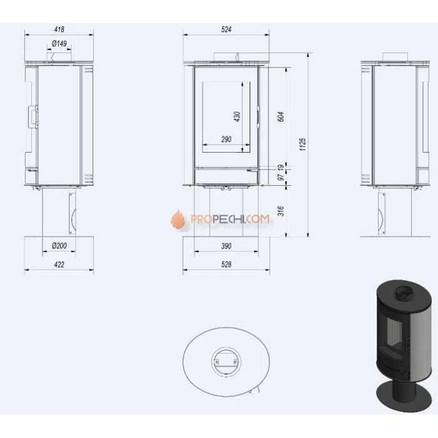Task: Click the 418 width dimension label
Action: [59, 29]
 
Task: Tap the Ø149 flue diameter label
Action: [59, 44]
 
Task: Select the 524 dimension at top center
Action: [227, 29]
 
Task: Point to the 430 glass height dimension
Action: [237, 117]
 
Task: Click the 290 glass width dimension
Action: [227, 139]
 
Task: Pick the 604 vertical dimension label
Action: [281, 116]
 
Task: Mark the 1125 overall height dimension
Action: [303, 144]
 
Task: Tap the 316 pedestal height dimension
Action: [281, 211]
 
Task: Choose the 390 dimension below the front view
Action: [227, 246]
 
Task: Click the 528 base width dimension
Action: [227, 264]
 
